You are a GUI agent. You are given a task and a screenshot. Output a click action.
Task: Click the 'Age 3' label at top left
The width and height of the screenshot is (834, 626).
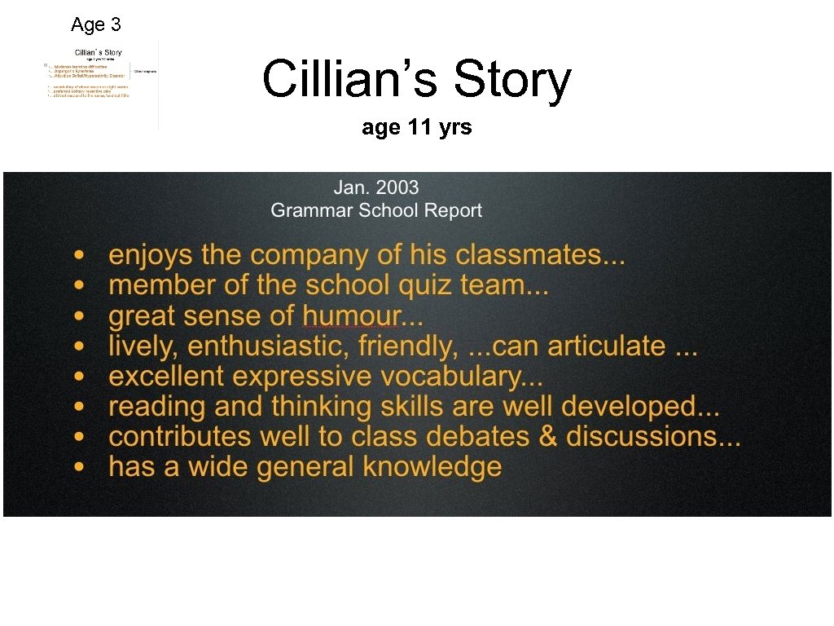[96, 24]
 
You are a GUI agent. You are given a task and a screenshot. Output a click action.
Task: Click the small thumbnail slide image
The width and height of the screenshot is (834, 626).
[101, 84]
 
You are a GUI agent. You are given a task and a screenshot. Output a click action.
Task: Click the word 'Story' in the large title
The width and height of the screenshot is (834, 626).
[512, 80]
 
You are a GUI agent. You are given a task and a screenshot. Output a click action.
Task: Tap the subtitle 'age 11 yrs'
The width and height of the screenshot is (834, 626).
[416, 128]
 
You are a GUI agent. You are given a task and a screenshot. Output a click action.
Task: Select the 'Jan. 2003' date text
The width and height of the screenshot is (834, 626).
[375, 187]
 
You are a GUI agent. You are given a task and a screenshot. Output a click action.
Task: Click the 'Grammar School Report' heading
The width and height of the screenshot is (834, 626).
[375, 210]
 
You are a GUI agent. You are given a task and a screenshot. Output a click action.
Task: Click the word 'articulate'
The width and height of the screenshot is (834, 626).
[606, 346]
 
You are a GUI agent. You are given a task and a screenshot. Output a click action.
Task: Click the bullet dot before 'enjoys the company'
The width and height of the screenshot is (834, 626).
[78, 256]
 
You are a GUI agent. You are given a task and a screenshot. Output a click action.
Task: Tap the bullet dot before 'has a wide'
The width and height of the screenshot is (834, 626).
[78, 468]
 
